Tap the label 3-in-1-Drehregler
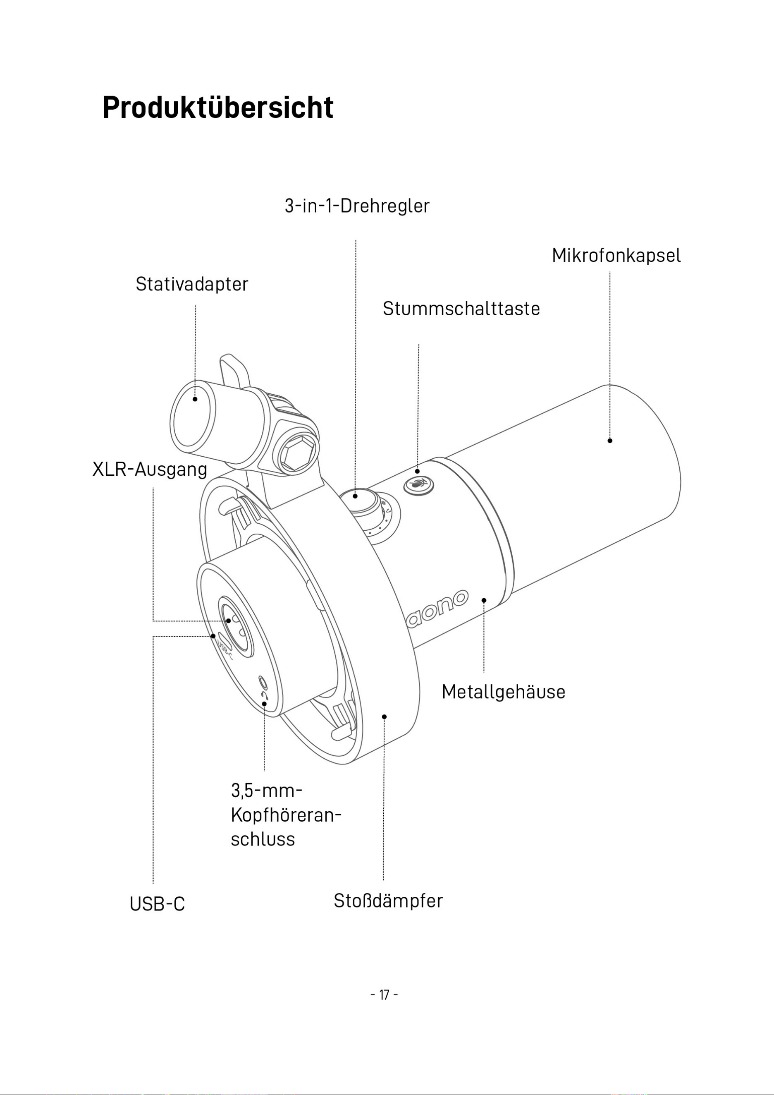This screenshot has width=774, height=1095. pyautogui.click(x=357, y=206)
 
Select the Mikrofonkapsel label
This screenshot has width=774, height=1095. pyautogui.click(x=616, y=256)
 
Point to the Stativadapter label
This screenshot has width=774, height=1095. pyautogui.click(x=192, y=284)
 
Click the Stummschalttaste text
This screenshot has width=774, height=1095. pyautogui.click(x=461, y=309)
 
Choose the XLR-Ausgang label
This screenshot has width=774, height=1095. pyautogui.click(x=150, y=470)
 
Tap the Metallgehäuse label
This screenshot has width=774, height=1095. pyautogui.click(x=503, y=692)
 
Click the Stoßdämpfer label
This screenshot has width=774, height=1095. pyautogui.click(x=388, y=901)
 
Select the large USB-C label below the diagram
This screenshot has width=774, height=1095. pyautogui.click(x=157, y=904)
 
